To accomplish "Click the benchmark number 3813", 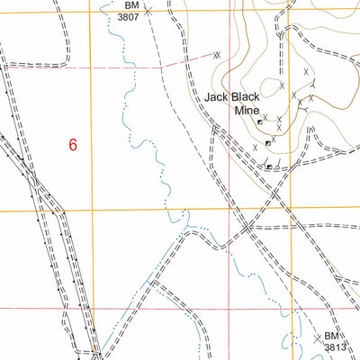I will (335, 346).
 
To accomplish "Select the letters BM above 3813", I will (332, 336).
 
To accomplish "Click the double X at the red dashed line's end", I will (217, 55).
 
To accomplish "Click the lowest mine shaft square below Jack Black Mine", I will (268, 166).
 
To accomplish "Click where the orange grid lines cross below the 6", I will (90, 211).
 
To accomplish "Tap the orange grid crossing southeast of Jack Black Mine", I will (292, 209).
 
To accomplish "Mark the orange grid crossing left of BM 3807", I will (90, 9).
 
